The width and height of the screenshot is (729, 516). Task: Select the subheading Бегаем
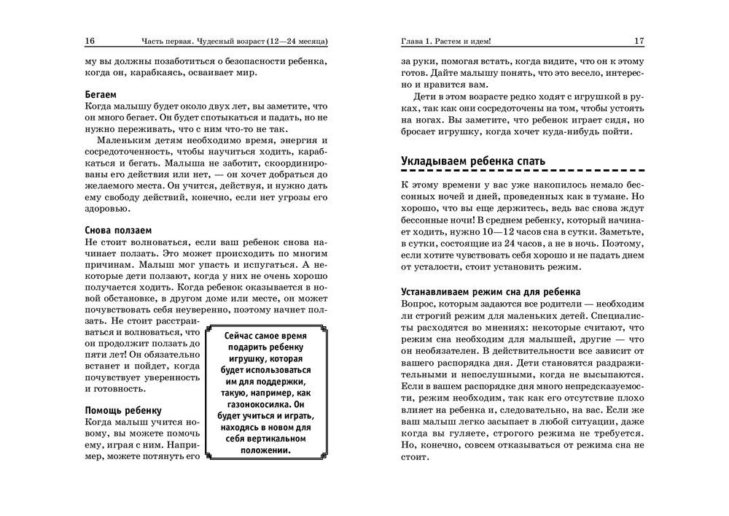[x=101, y=95]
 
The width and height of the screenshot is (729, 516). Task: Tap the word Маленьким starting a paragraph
[x=129, y=140]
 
